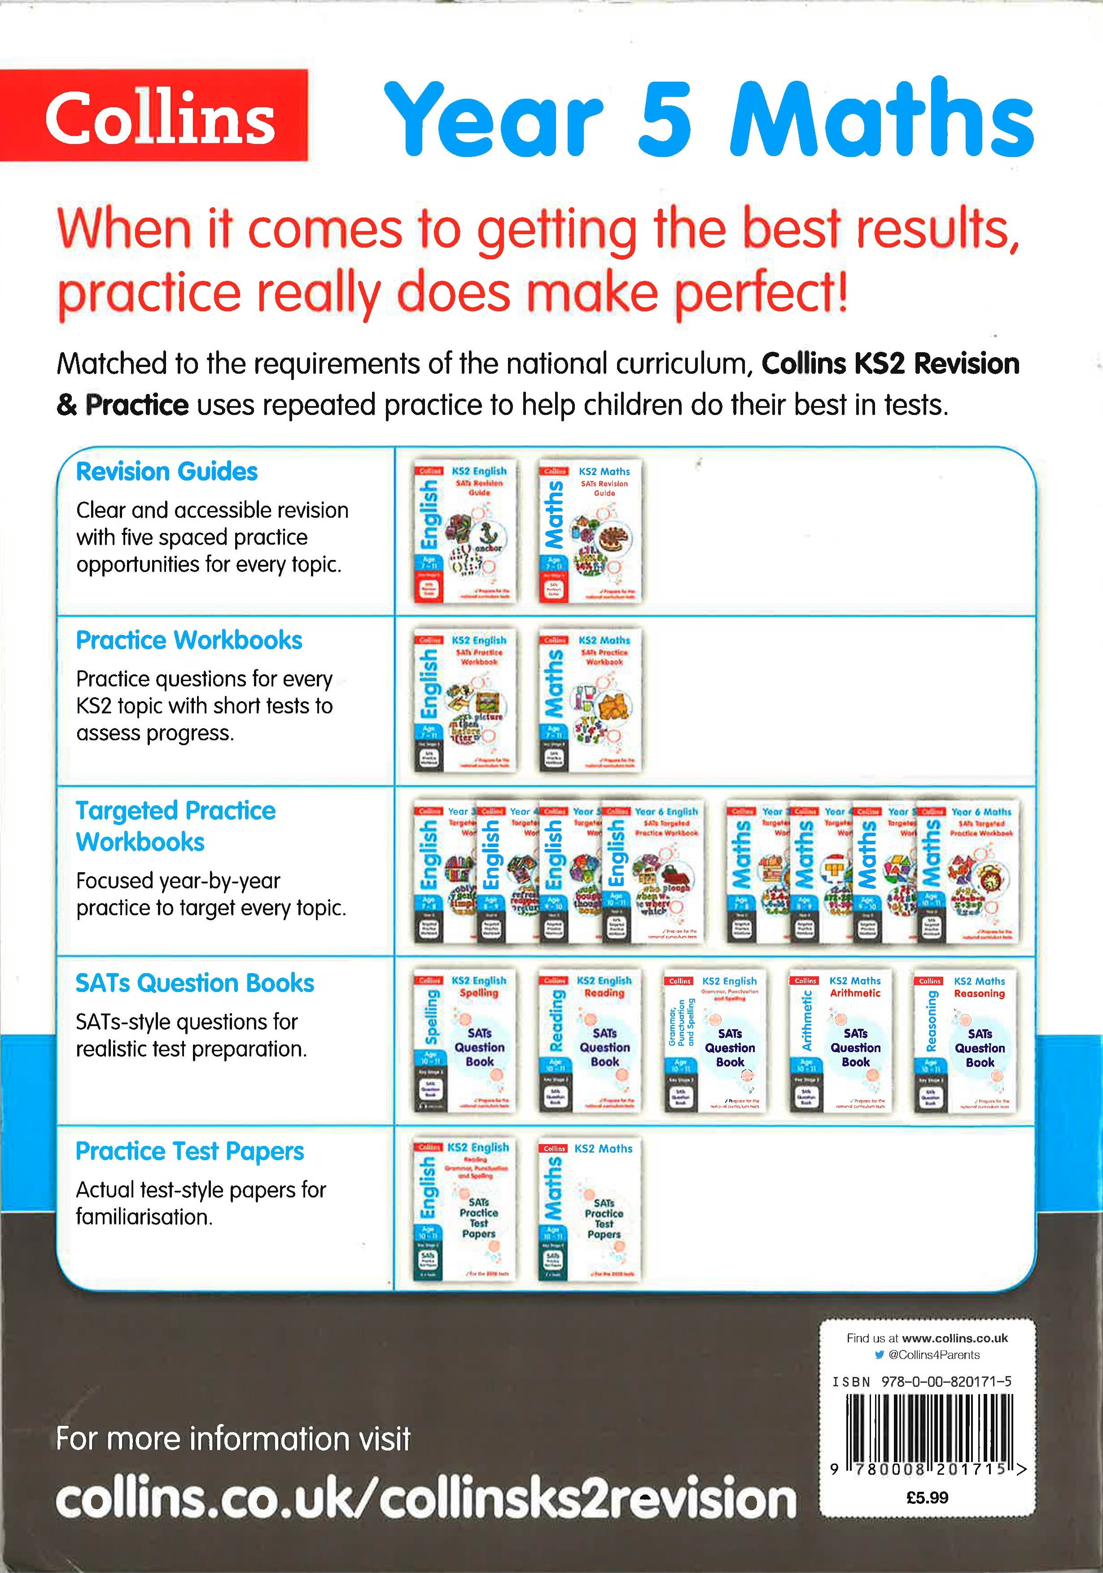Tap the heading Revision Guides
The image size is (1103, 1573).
point(166,472)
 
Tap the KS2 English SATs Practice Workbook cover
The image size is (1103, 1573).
point(465,700)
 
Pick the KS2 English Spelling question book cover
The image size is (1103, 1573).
point(465,1040)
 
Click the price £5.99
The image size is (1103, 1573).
point(927,1498)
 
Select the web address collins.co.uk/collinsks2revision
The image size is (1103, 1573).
point(425,1500)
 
